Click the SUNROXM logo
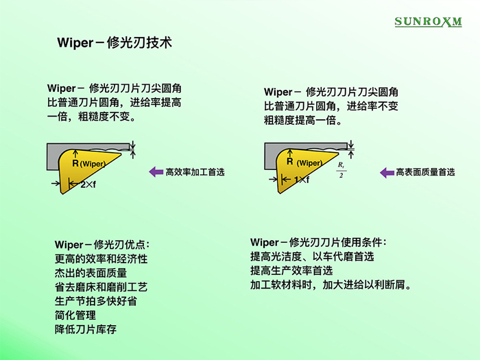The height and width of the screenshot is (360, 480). [x=428, y=21]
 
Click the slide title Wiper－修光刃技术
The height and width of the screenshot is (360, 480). [x=115, y=43]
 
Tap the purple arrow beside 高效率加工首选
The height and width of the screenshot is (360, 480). [x=156, y=171]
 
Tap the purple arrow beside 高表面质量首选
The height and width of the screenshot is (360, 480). [x=387, y=173]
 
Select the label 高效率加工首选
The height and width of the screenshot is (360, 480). [x=195, y=172]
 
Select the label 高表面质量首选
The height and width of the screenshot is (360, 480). [x=426, y=172]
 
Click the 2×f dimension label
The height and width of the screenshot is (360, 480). [x=88, y=184]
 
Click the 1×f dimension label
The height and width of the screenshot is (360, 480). [x=302, y=180]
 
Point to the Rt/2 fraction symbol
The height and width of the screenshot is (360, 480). [x=341, y=170]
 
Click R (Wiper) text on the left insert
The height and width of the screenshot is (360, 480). [x=89, y=163]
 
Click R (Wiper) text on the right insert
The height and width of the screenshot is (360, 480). [x=304, y=163]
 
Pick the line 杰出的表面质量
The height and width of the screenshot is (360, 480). [x=91, y=273]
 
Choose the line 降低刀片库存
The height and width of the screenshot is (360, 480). [x=86, y=329]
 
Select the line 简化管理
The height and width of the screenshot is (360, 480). [x=75, y=315]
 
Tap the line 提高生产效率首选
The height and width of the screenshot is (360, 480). [x=291, y=271]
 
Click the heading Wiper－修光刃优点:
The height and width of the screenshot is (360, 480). [x=102, y=245]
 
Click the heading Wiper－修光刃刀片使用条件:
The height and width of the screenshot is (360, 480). [x=318, y=243]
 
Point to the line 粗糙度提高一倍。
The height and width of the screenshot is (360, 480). [x=303, y=120]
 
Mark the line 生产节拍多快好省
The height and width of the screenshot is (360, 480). [x=96, y=301]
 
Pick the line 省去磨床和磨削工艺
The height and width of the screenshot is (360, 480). [x=101, y=287]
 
